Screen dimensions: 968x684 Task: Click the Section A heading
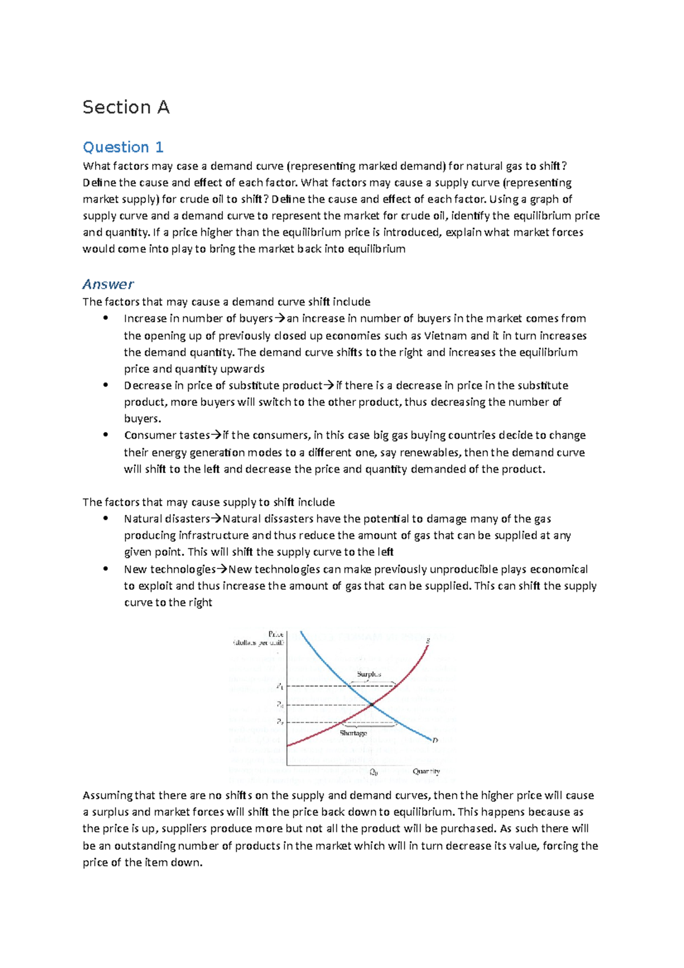126,107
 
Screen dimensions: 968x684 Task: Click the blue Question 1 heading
123,147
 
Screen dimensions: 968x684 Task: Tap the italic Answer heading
108,284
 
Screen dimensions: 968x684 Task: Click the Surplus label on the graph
369,674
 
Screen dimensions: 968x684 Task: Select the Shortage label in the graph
353,733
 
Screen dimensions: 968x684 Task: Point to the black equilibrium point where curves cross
372,705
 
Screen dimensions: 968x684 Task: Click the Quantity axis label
426,771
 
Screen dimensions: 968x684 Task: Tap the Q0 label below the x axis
374,773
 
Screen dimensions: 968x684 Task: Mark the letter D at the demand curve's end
435,741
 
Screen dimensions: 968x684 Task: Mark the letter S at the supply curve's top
427,641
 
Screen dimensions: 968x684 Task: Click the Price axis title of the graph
275,635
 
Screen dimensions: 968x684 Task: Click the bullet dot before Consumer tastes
105,434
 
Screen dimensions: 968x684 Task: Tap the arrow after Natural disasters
217,519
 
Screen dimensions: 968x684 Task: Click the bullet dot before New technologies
105,568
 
